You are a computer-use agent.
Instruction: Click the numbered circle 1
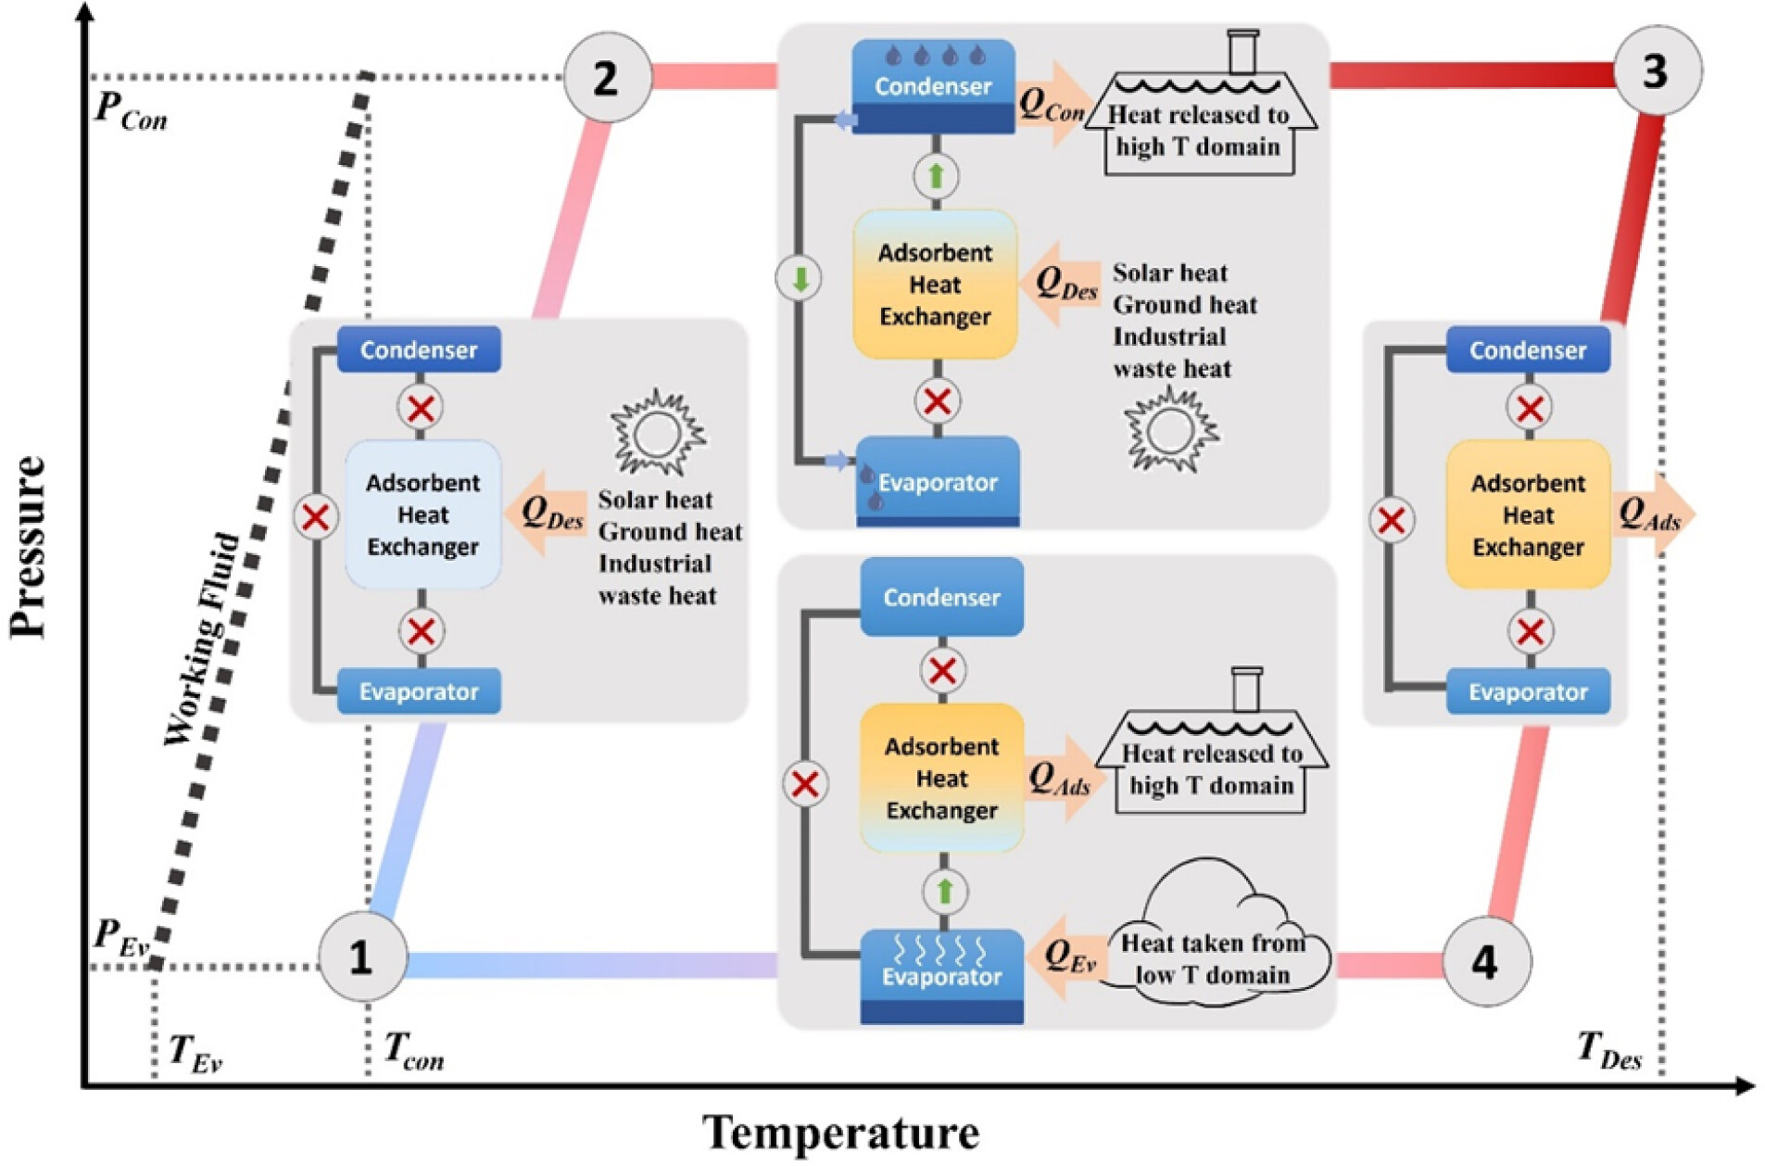[x=362, y=956]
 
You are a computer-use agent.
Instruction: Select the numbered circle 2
[x=607, y=78]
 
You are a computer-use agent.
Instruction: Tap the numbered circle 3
[x=1657, y=71]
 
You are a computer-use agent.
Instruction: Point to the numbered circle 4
[x=1486, y=962]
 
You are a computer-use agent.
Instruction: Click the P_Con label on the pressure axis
[x=131, y=111]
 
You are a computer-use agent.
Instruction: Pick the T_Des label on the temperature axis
[x=1608, y=1051]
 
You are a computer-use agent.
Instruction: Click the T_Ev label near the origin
[x=195, y=1054]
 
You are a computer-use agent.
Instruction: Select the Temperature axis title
[x=839, y=1133]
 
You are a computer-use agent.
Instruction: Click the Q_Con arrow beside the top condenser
[x=1053, y=104]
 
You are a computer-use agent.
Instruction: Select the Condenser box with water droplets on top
[x=933, y=86]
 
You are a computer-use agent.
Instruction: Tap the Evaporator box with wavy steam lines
[x=941, y=973]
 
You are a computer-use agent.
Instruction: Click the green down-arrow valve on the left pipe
[x=800, y=278]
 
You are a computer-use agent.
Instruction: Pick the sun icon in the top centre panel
[x=1169, y=429]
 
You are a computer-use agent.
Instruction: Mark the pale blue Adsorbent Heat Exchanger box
[x=422, y=515]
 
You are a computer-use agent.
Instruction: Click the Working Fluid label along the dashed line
[x=201, y=640]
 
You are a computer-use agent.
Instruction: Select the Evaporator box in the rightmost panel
[x=1527, y=691]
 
